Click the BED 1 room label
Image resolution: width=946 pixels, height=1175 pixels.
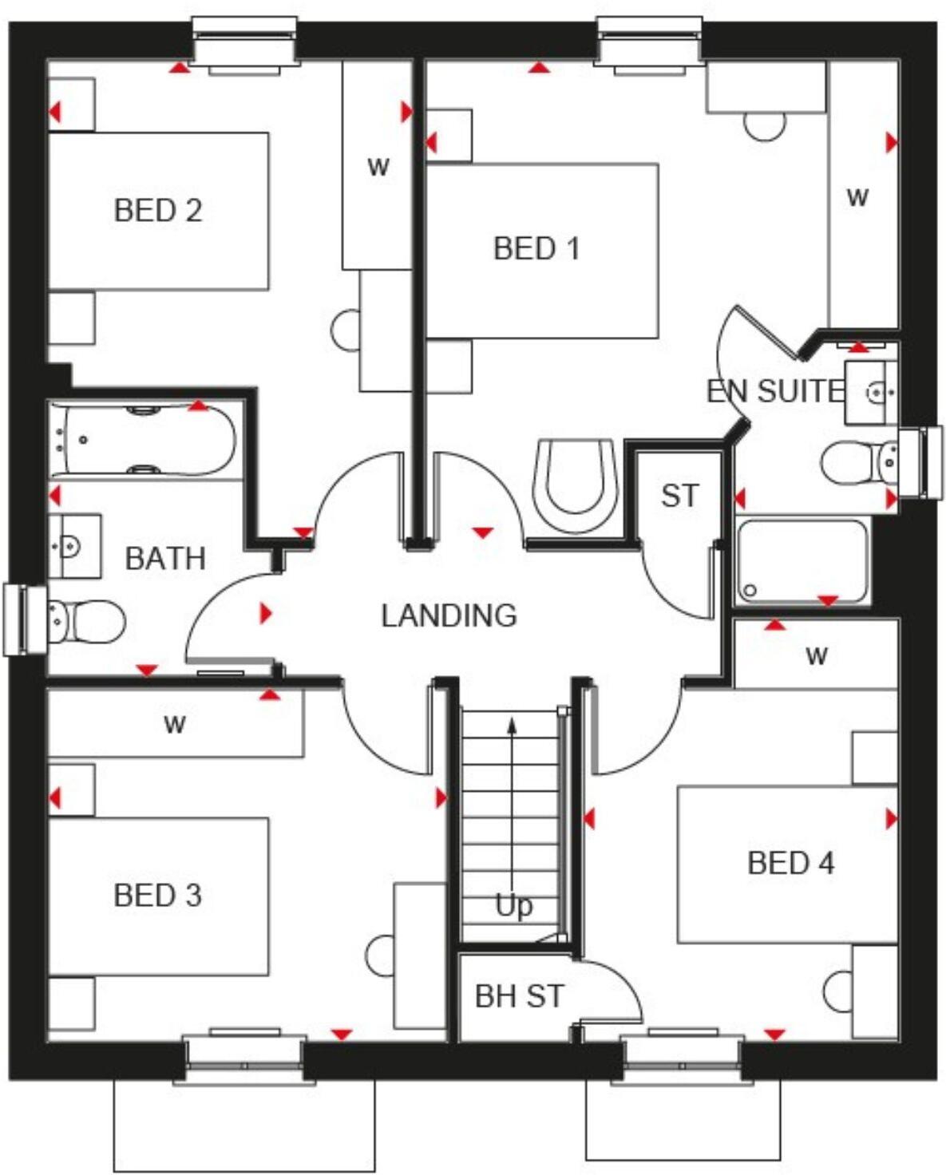coord(536,248)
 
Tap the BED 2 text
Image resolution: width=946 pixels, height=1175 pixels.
coord(157,211)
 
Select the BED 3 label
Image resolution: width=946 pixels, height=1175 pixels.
coord(157,896)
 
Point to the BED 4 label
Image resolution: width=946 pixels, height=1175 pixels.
coord(790,863)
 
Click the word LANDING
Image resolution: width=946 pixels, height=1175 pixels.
coord(449,615)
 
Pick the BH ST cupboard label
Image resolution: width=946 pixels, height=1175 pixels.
coord(519,996)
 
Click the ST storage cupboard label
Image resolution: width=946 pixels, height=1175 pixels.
coord(679,496)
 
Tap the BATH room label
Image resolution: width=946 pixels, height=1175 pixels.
coord(165,558)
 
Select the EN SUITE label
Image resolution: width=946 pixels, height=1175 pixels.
coord(774,391)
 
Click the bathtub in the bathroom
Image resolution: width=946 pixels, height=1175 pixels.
coord(144,440)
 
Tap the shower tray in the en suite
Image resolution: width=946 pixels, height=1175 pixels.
coord(802,561)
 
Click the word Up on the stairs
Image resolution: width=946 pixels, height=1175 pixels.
coord(513,905)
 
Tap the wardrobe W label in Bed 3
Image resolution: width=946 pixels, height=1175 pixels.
coord(174,724)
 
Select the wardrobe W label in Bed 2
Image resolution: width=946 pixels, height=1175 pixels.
coord(378,167)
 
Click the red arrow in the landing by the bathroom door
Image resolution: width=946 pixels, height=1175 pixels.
coord(266,613)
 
